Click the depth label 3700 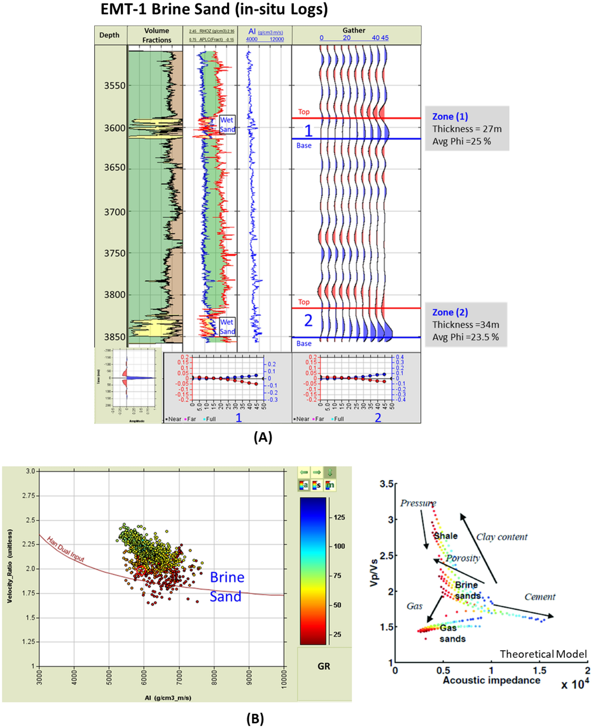(x=114, y=212)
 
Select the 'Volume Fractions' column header (x=156, y=35)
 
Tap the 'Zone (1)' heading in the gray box (x=450, y=117)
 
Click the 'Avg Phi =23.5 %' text (x=465, y=337)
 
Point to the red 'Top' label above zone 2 (x=304, y=302)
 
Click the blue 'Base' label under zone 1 (x=304, y=145)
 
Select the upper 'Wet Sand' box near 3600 (x=227, y=124)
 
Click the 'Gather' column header (x=354, y=30)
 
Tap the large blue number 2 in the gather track (x=308, y=321)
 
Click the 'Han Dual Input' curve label (x=65, y=549)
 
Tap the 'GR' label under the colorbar (x=323, y=666)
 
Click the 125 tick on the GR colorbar (x=339, y=517)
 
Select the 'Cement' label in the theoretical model (x=540, y=597)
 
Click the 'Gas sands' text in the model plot (x=452, y=633)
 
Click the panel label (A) (x=263, y=437)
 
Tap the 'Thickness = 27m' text (x=467, y=129)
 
